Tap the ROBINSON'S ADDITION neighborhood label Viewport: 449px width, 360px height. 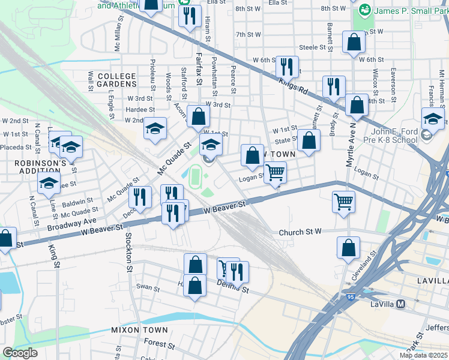tap(40, 167)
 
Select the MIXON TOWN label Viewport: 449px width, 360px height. tap(139, 330)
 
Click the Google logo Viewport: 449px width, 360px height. tap(20, 352)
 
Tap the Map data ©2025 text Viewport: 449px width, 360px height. tap(423, 355)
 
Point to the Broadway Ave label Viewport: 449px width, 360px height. tap(73, 221)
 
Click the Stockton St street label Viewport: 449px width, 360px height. tap(128, 252)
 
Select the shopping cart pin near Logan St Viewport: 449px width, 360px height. tap(276, 173)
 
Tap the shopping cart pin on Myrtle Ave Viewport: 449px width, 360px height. tap(343, 201)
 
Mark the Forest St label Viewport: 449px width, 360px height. tap(159, 345)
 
